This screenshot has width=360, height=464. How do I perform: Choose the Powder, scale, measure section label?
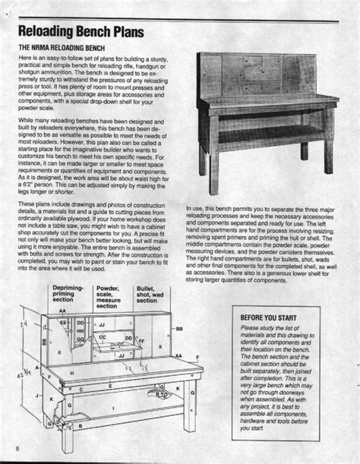(x=108, y=297)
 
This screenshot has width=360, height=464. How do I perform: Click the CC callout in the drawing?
(x=103, y=336)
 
